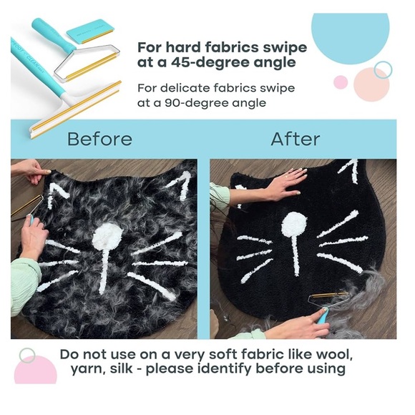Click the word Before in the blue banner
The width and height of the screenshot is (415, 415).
[99, 139]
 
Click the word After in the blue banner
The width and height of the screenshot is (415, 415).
[295, 139]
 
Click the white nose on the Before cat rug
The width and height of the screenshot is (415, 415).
[107, 234]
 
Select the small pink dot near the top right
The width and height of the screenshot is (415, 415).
[341, 82]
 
